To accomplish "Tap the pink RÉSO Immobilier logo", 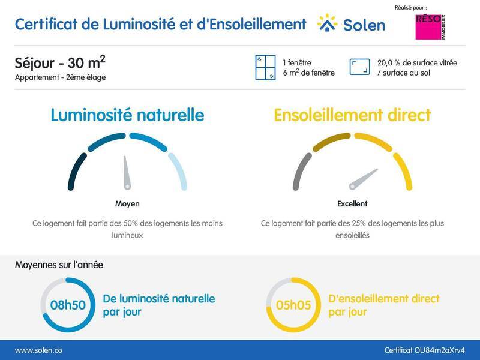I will (431, 27).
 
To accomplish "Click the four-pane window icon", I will (264, 67).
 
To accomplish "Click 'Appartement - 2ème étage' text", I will (60, 77).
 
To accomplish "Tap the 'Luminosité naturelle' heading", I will (127, 115).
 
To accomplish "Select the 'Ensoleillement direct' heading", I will (352, 115).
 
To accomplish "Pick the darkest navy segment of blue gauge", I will (74, 171).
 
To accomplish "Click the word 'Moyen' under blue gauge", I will (127, 204).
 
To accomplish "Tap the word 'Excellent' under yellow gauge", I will (352, 204).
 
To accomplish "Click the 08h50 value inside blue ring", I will (67, 305).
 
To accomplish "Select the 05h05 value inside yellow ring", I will (293, 305).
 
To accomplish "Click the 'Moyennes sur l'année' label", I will (59, 264).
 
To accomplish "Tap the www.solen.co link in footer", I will (38, 350).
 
